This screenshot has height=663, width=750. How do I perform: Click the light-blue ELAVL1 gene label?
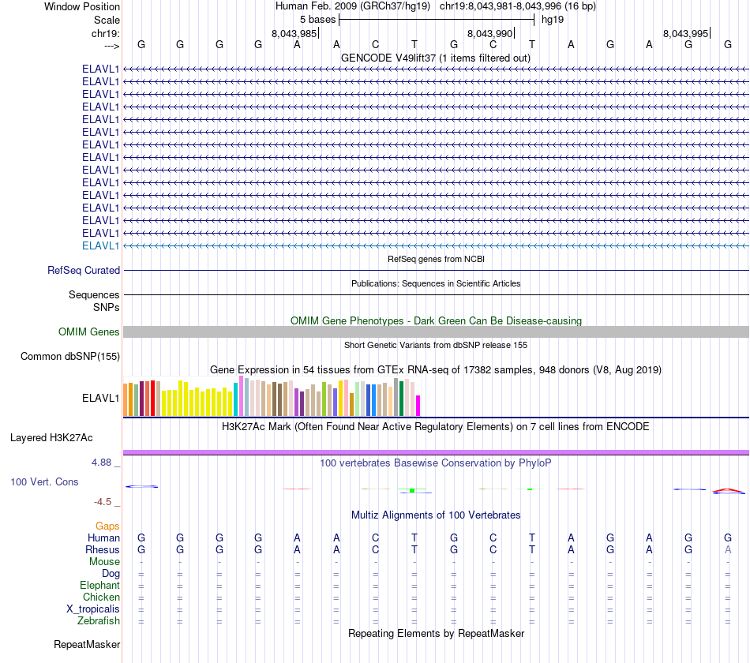tap(101, 245)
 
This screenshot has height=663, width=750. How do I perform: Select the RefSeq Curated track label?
tap(84, 270)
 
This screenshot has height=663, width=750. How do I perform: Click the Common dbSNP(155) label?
tap(70, 356)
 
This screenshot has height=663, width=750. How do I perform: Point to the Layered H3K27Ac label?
tap(51, 437)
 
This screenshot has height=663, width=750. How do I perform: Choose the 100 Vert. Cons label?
tap(44, 481)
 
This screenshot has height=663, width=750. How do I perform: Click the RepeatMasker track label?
tap(87, 644)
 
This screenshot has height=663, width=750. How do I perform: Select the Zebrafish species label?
tap(99, 621)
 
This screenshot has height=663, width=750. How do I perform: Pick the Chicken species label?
tap(101, 597)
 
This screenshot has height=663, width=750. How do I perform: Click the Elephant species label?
tap(99, 586)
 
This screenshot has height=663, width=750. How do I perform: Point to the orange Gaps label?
tap(107, 526)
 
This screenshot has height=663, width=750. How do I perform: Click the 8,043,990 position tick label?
tap(490, 33)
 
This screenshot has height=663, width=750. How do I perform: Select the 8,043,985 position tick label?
tap(294, 33)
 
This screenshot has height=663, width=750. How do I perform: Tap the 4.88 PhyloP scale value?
tap(104, 463)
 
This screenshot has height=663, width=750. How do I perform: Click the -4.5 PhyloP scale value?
tap(106, 501)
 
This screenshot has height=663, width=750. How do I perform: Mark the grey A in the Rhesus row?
tap(728, 549)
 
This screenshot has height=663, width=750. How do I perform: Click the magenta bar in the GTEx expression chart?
tap(418, 405)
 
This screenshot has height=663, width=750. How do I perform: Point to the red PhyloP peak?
tap(728, 491)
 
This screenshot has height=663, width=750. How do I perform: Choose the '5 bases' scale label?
tap(317, 19)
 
